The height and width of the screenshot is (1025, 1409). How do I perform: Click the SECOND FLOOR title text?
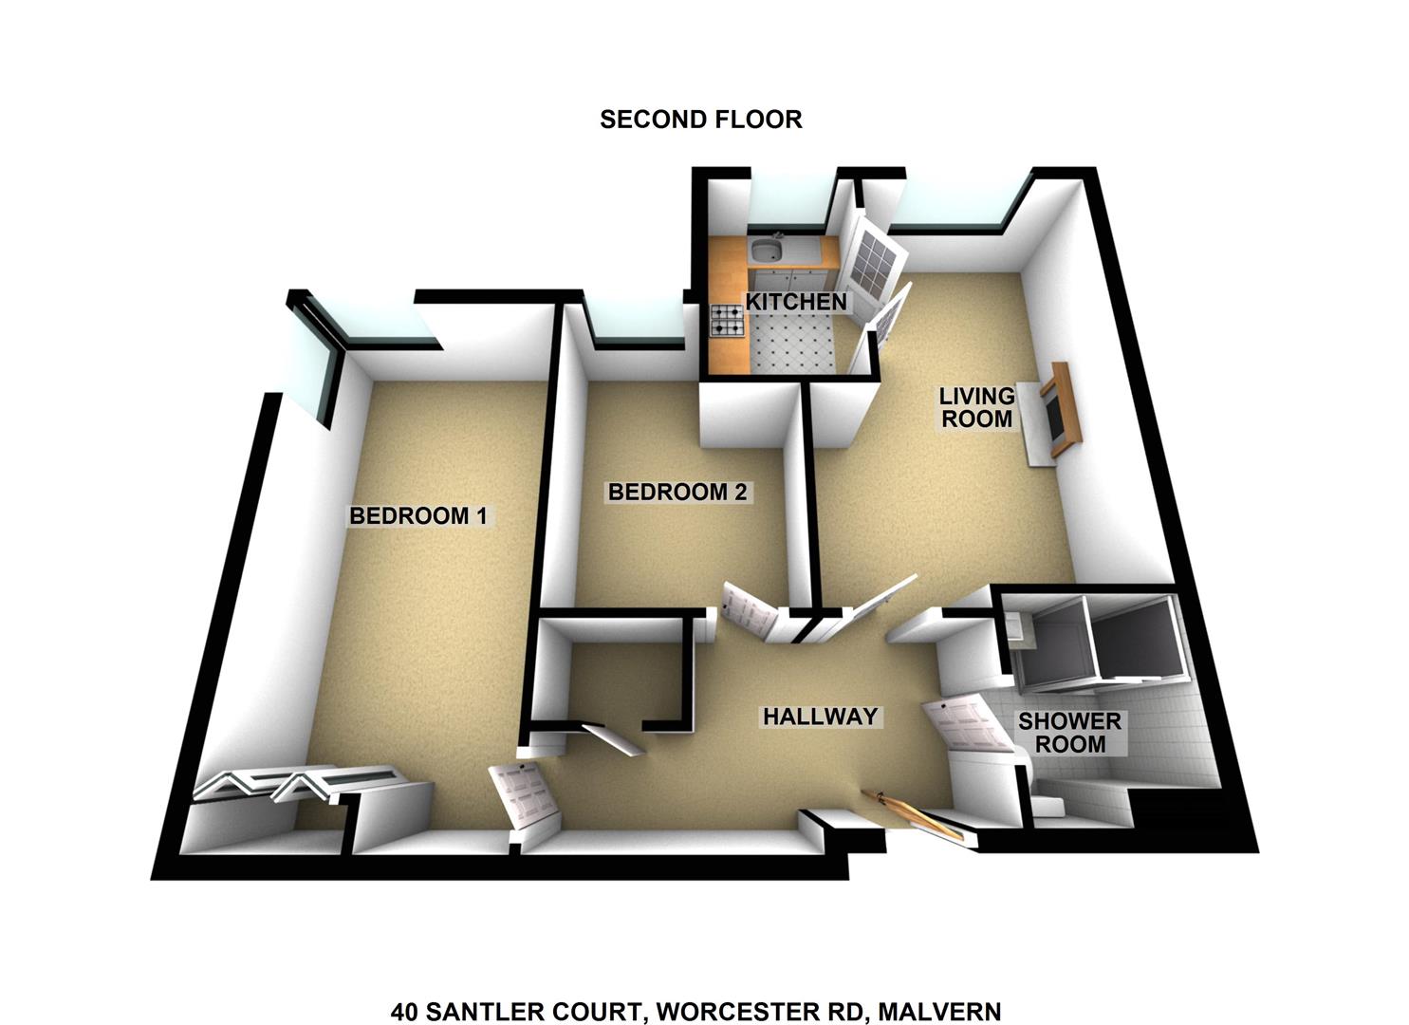coord(701,120)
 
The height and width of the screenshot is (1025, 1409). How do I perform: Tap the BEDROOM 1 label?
coord(418,516)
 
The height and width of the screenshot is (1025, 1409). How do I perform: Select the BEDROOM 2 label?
coord(677,492)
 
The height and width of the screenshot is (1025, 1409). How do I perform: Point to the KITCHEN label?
coord(796,302)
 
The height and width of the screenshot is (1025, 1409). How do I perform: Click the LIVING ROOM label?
coord(977,407)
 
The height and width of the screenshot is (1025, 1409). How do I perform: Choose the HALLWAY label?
coord(820,717)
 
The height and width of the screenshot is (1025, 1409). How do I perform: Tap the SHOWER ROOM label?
coord(1070,733)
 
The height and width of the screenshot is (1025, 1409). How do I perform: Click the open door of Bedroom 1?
coord(525,796)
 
